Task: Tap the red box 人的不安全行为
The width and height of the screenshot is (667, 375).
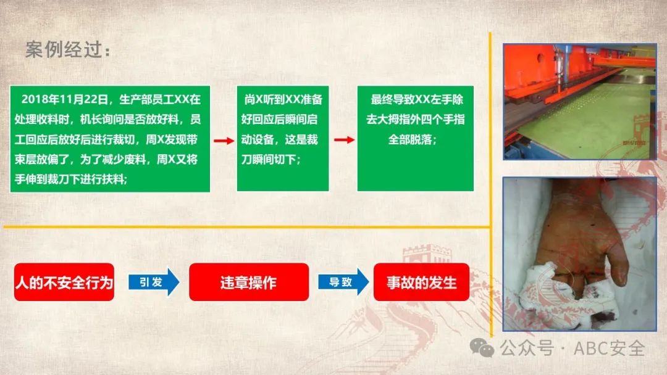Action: pos(64,282)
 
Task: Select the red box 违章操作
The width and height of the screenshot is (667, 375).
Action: pos(249,282)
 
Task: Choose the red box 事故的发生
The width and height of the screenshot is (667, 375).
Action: pos(422,282)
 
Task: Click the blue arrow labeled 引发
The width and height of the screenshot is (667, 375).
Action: pos(154,282)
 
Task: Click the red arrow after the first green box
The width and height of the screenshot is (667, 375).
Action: pos(224,141)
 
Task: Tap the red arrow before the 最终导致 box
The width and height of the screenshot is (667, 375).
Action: pos(344,140)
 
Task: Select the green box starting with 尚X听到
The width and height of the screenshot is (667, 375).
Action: pos(283,138)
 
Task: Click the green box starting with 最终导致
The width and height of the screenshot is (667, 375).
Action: pos(415,138)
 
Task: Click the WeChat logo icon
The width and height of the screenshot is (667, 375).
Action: pos(482,348)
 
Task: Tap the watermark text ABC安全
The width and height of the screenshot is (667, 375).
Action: pos(609,348)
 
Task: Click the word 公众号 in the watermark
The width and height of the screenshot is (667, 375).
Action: pos(527,348)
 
